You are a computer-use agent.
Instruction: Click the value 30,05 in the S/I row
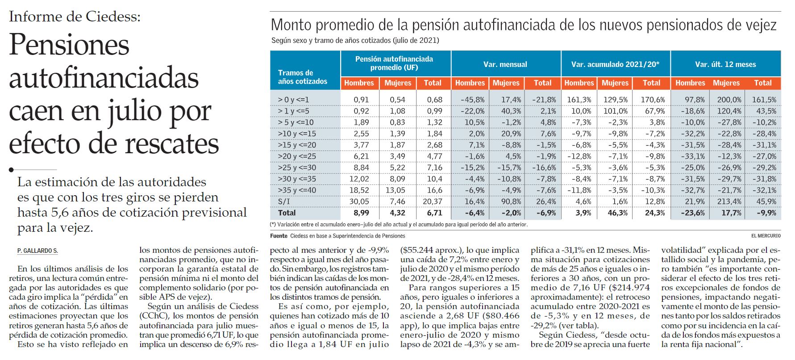[x=359, y=201]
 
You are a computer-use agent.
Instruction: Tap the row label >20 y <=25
[x=297, y=156]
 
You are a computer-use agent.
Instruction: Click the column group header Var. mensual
[x=505, y=64]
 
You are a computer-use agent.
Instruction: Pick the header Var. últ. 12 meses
[x=725, y=64]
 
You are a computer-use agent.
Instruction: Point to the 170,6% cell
[x=653, y=100]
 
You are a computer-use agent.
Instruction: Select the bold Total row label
[x=287, y=213]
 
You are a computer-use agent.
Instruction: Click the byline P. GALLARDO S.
[x=37, y=251]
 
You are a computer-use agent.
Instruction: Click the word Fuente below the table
[x=279, y=236]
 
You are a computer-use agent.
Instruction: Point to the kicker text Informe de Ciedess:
[x=75, y=17]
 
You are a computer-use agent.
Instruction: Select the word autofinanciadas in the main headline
[x=104, y=79]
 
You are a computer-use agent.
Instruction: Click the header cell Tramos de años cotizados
[x=303, y=77]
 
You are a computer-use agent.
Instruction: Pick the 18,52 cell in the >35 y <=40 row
[x=359, y=190]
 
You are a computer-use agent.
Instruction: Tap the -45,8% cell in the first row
[x=472, y=100]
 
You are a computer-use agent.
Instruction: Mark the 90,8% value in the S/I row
[x=511, y=201]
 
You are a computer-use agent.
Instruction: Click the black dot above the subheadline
[x=11, y=170]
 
